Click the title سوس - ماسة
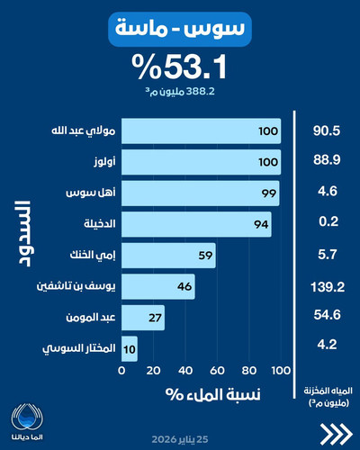click(x=180, y=29)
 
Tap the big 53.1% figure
click(x=179, y=67)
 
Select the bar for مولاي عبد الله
click(x=201, y=130)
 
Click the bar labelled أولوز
click(x=201, y=162)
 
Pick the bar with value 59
click(x=168, y=256)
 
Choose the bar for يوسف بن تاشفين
click(x=158, y=286)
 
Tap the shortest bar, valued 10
click(x=130, y=348)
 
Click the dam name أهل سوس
click(x=91, y=193)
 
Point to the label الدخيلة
click(x=100, y=223)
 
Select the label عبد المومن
click(x=91, y=317)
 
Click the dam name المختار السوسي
click(x=79, y=348)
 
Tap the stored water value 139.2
click(x=328, y=287)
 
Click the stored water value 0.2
click(x=328, y=221)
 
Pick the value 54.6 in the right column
click(x=328, y=315)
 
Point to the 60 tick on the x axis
click(x=217, y=371)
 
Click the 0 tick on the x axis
click(x=121, y=371)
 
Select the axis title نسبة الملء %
click(x=213, y=394)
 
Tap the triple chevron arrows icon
click(x=336, y=434)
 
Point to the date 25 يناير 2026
click(x=180, y=440)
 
